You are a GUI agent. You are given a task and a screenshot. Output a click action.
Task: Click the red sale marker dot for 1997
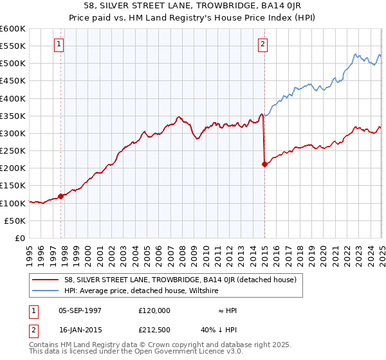(61, 196)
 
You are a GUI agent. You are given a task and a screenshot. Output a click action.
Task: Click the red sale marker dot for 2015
(264, 164)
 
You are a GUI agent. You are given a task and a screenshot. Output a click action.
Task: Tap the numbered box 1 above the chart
(59, 44)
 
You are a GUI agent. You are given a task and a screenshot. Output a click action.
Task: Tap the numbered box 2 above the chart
(263, 44)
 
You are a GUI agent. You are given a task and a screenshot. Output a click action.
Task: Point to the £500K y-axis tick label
(13, 64)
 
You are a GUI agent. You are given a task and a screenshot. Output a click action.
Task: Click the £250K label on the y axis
(13, 150)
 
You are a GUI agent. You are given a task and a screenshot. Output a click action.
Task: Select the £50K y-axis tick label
(15, 221)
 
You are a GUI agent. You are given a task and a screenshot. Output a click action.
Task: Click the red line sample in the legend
(46, 280)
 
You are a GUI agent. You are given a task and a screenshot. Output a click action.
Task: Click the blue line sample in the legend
(46, 291)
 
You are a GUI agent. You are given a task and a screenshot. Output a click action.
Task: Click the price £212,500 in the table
(154, 330)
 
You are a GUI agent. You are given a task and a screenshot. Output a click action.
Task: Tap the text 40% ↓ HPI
(218, 330)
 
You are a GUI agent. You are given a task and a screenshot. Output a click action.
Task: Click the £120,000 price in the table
(154, 310)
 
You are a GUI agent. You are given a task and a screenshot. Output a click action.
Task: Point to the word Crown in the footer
(142, 345)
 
